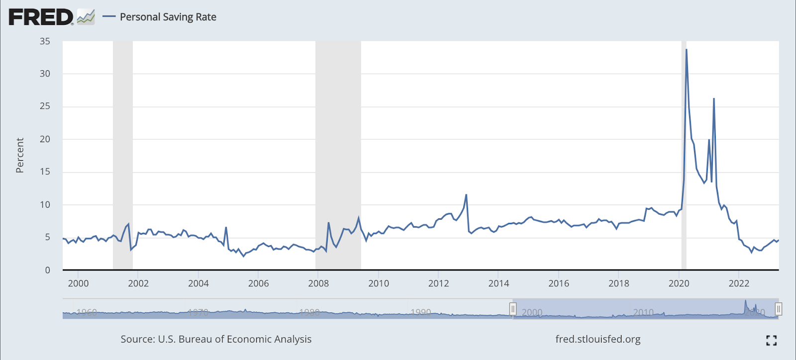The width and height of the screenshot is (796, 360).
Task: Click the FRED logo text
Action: (x=41, y=17)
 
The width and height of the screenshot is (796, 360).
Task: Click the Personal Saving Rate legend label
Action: (x=168, y=17)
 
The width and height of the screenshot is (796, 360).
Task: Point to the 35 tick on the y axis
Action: (x=45, y=41)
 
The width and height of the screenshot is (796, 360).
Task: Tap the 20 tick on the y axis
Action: (x=45, y=139)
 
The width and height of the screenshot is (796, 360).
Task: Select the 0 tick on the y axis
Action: (x=48, y=270)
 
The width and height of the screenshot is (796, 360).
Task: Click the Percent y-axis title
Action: (x=20, y=156)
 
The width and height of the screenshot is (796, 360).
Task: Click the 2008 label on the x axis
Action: (x=318, y=283)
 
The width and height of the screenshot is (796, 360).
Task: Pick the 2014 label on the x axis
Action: (x=498, y=283)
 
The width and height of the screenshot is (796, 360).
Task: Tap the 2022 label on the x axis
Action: (x=739, y=283)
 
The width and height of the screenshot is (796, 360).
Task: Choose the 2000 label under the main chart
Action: (x=78, y=283)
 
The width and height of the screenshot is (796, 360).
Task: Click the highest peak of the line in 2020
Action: (x=687, y=49)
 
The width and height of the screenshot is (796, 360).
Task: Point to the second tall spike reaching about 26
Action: (x=714, y=98)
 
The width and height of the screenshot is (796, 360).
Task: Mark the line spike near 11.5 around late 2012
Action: (x=466, y=195)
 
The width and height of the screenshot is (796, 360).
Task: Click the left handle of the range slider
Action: (x=512, y=309)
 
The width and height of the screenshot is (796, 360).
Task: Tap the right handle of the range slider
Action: (x=779, y=309)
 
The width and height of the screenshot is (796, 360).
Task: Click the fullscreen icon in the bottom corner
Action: (x=771, y=341)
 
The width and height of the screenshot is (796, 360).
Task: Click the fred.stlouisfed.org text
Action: (x=598, y=339)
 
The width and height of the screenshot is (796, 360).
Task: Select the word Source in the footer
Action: (x=137, y=339)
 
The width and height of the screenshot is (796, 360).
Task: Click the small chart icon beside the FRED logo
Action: (x=86, y=17)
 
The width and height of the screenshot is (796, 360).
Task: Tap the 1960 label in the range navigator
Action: (x=87, y=312)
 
